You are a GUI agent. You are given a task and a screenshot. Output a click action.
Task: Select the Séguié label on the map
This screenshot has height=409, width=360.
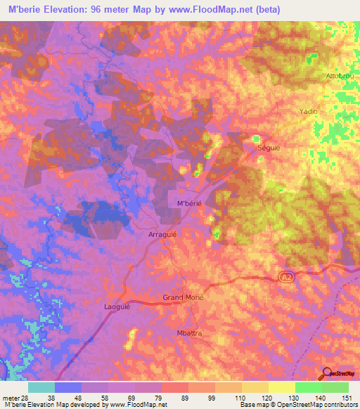pos(269,149)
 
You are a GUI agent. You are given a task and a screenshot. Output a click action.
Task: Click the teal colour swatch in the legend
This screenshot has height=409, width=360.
pos(41,387)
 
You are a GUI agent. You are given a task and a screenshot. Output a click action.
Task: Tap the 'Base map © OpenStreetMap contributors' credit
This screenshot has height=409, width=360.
pos(298,405)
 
